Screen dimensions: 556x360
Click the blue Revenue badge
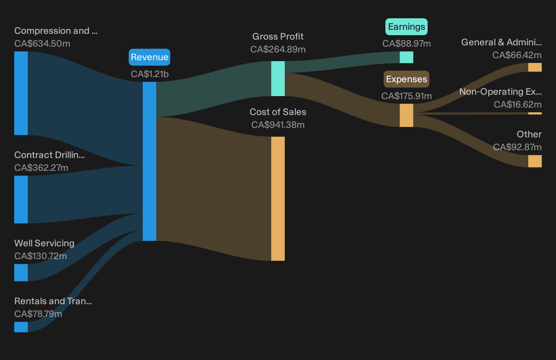149,57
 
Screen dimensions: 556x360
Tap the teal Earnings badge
406,26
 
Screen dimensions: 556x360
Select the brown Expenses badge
406,79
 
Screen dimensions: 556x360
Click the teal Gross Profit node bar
278,78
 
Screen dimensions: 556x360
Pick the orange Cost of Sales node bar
278,199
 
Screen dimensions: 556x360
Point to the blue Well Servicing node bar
21,272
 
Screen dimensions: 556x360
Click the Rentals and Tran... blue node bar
21,327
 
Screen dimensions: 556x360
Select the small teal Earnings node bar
406,57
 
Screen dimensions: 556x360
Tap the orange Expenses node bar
406,115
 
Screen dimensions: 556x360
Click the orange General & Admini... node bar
535,67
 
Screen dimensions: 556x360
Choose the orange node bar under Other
535,161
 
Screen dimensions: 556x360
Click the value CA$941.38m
278,125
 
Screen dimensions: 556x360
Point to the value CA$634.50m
42,44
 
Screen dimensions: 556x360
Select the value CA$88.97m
406,44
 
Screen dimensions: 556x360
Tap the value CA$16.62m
517,105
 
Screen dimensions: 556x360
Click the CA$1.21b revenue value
150,74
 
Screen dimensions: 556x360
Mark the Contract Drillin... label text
49,155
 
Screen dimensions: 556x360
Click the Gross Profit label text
278,37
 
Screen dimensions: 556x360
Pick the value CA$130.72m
40,256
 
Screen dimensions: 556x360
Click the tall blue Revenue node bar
149,161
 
